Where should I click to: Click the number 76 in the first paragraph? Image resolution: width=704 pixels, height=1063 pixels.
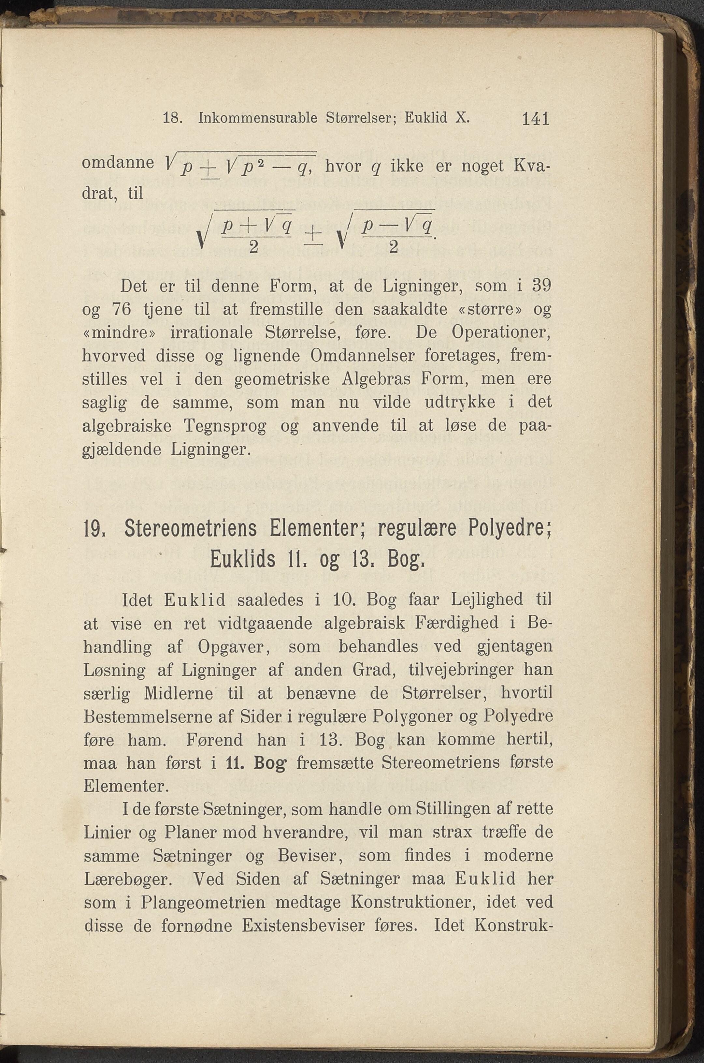(x=121, y=310)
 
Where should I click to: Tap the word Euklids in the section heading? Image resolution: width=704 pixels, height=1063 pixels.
(x=242, y=560)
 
